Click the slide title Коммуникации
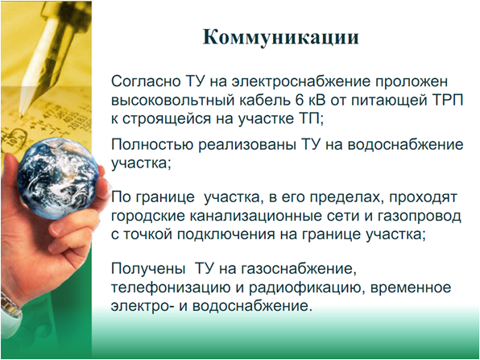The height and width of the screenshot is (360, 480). [x=281, y=38]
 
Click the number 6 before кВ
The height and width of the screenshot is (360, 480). [x=291, y=101]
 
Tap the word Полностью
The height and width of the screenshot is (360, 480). [x=152, y=144]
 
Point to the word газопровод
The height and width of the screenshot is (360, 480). [x=419, y=217]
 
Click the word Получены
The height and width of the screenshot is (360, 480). [x=148, y=269]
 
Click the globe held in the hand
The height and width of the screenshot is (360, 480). [x=58, y=178]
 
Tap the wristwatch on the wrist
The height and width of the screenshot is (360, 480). [x=10, y=309]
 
